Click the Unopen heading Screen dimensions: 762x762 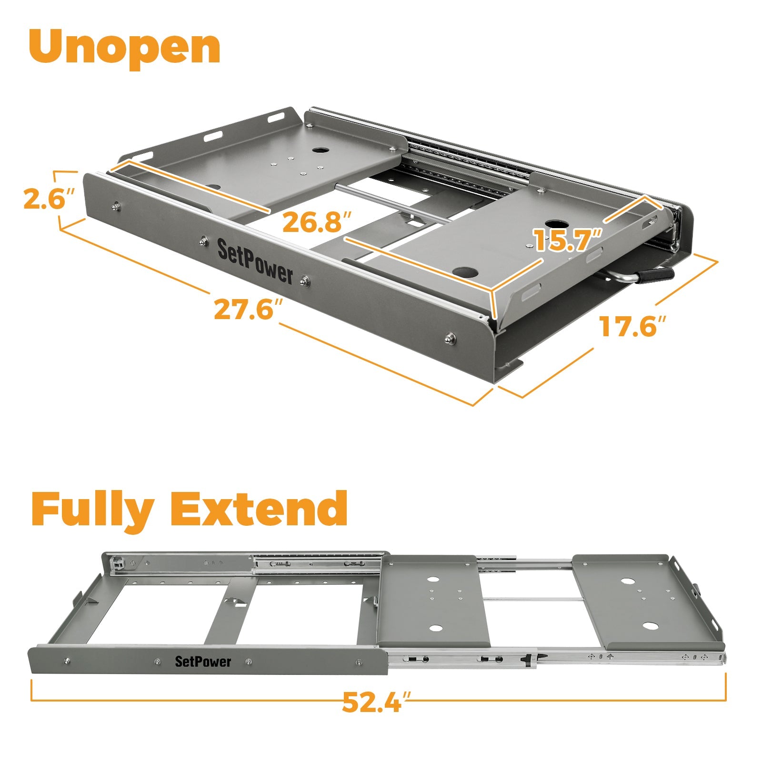pos(125,46)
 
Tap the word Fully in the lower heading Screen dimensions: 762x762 pos(93,510)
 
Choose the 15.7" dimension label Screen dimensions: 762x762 pos(567,240)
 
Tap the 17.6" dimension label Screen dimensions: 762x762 pos(631,327)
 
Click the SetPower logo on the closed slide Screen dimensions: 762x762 pos(255,262)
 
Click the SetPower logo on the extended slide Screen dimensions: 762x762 pos(203,661)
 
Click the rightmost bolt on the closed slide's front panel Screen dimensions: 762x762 pos(449,339)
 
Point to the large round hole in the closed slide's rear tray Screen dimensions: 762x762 pos(321,150)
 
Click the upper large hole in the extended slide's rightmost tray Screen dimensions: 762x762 pos(627,582)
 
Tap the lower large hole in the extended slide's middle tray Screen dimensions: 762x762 pos(435,628)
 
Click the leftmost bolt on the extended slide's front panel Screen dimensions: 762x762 pos(67,661)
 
